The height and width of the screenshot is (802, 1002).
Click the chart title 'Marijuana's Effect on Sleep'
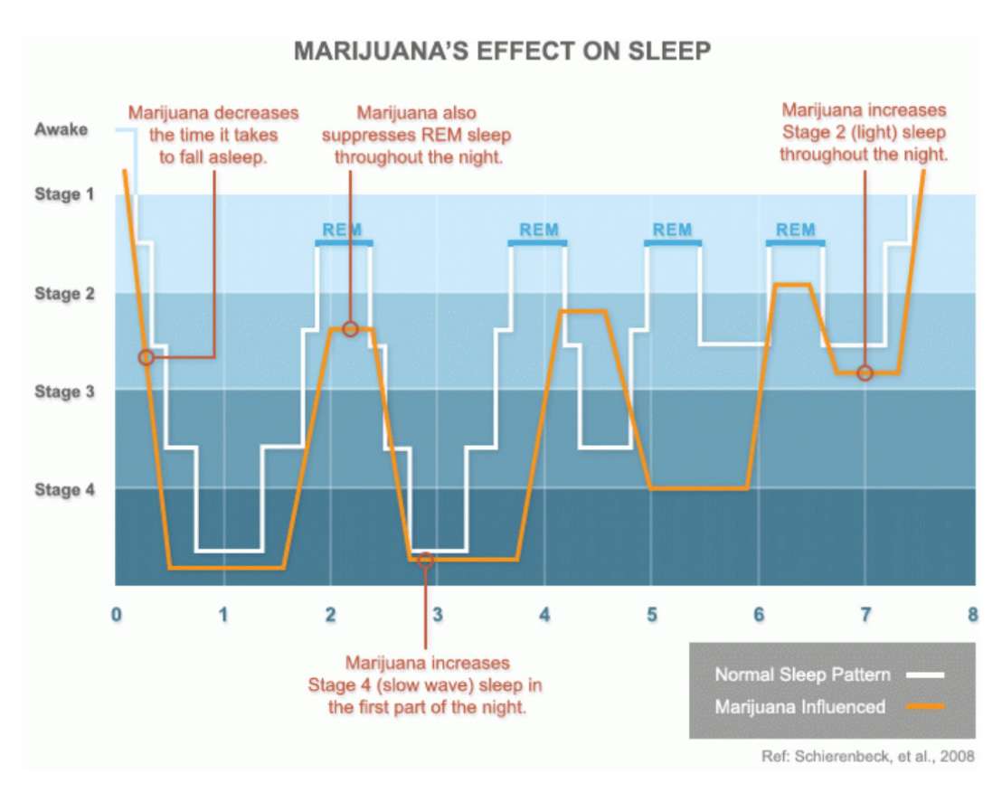point(502,52)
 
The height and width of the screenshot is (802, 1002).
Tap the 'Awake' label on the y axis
point(61,129)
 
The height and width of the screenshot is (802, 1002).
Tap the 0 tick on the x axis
point(117,615)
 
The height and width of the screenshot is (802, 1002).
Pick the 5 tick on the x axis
point(651,615)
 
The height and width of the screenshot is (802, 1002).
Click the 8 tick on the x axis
point(972,615)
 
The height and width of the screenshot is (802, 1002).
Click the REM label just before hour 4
point(539,230)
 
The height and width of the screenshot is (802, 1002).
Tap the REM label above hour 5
point(672,230)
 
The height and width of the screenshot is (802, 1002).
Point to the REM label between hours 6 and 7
point(795,230)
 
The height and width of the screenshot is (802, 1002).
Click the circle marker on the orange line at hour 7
point(865,373)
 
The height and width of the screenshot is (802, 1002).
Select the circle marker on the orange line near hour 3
point(426,559)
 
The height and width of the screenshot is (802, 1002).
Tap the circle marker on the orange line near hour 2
point(350,328)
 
